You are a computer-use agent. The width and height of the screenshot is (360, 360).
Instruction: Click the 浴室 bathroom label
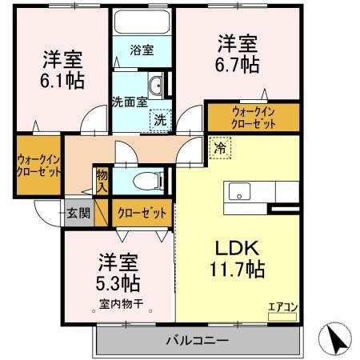[143, 50]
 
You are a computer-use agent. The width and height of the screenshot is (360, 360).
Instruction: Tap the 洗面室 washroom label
[127, 102]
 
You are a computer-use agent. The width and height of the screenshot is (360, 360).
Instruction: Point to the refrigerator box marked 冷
[218, 147]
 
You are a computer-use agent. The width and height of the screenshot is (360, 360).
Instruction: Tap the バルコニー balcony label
[198, 340]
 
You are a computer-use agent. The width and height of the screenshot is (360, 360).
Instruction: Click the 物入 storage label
[102, 180]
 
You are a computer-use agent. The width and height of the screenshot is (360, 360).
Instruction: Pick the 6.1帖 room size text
[62, 81]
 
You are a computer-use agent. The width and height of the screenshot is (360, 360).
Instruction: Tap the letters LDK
[236, 248]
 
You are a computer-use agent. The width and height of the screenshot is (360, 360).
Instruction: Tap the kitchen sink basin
[240, 192]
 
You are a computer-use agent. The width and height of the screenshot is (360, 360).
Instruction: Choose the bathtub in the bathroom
[143, 22]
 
